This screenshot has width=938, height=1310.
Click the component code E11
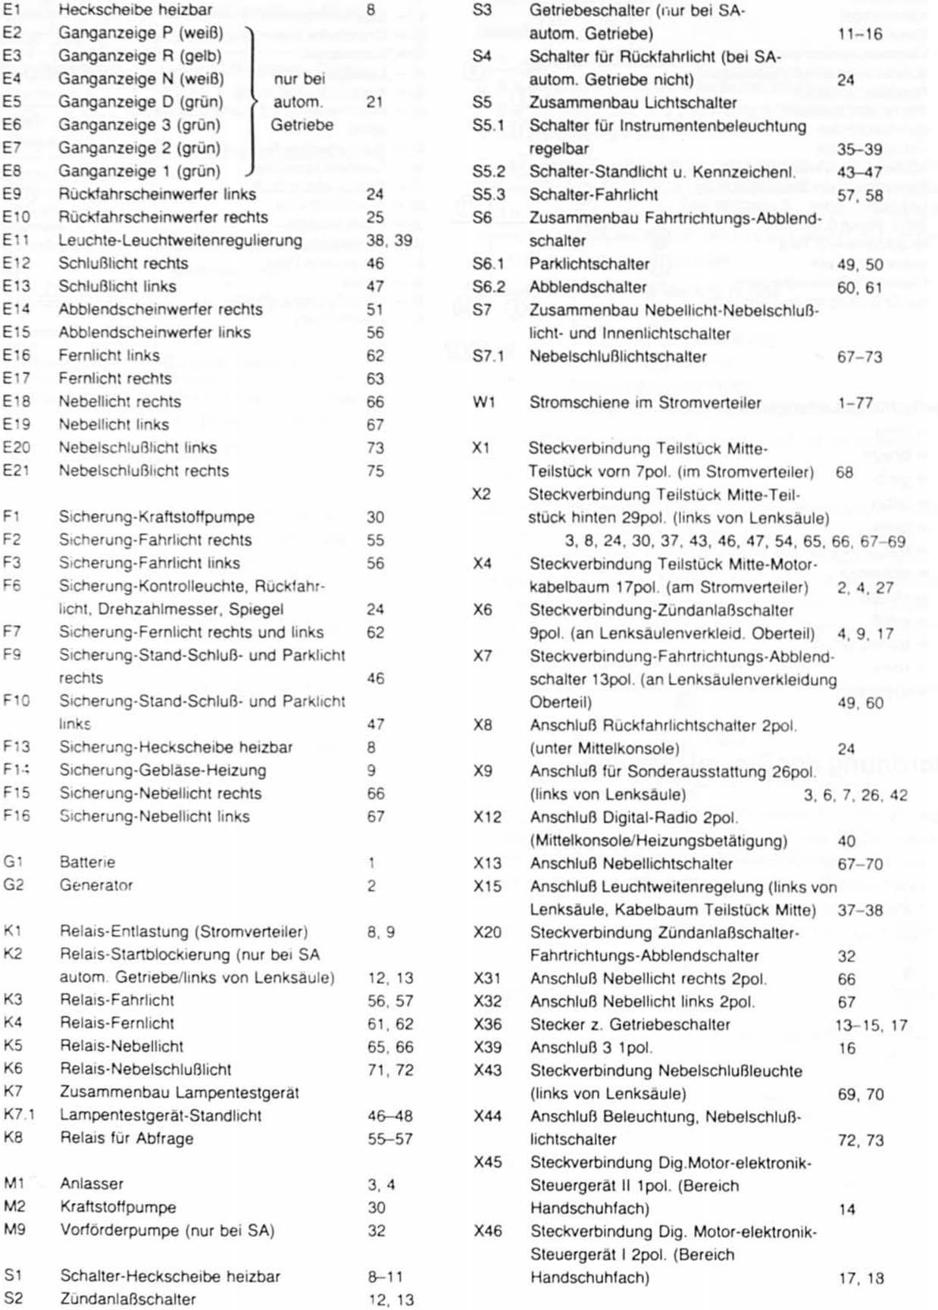coord(16,240)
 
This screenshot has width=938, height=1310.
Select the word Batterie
coord(87,862)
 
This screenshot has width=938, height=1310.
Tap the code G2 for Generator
coord(13,885)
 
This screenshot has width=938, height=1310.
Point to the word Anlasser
coord(92,1183)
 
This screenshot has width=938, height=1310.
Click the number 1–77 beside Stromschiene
coord(855,403)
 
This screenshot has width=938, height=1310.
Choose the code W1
coord(483,403)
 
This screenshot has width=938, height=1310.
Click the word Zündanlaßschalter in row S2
coord(128,1299)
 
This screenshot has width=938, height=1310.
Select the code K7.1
coord(19,1115)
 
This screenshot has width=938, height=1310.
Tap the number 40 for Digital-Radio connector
coord(846,841)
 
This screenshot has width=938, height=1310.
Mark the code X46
coord(487,1231)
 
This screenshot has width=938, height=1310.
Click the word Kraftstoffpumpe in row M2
coord(118,1207)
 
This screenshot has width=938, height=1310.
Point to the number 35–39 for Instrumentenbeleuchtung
coord(859,149)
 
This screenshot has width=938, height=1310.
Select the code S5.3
coord(488,195)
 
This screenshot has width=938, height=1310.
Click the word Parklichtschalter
coord(589,264)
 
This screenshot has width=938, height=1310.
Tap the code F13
coord(16,747)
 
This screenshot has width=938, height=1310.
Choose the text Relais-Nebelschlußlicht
coord(145,1069)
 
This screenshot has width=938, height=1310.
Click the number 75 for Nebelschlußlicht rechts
coord(375,471)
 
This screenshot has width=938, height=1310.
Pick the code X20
coord(487,933)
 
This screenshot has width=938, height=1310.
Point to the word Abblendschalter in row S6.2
coord(587,287)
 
